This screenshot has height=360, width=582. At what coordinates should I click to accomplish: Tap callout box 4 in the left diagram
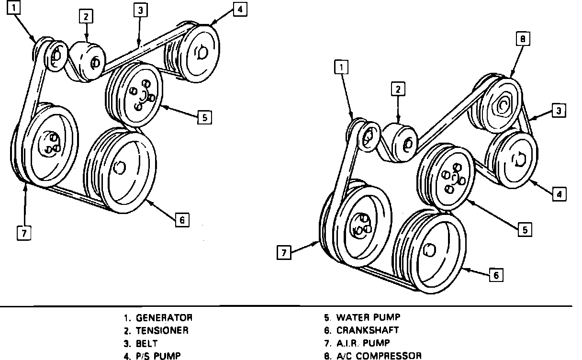[240, 10]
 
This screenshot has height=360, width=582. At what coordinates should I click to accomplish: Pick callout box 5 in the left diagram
[204, 117]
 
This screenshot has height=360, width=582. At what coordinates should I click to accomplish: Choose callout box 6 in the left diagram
[181, 220]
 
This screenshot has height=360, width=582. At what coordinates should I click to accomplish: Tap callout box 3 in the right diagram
[559, 111]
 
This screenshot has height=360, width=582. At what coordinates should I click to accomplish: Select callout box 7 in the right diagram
[284, 252]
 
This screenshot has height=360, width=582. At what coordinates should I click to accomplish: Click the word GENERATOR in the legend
[164, 317]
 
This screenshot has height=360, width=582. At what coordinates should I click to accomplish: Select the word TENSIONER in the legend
[162, 330]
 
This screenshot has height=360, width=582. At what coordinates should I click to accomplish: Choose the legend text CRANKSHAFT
[367, 330]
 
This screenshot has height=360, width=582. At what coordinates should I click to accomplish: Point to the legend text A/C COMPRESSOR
[379, 356]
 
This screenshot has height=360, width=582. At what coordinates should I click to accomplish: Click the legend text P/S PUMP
[158, 356]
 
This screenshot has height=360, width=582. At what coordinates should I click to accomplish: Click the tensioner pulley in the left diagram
[89, 62]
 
